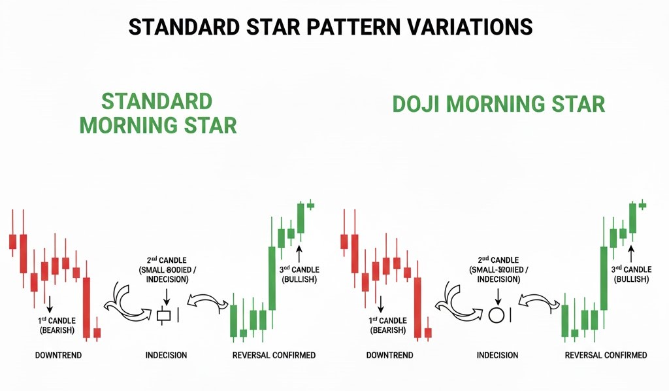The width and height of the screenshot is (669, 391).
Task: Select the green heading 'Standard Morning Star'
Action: pyautogui.click(x=157, y=113)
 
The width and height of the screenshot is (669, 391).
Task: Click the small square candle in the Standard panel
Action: pyautogui.click(x=163, y=315)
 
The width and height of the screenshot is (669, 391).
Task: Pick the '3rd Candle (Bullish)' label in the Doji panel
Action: pyautogui.click(x=630, y=273)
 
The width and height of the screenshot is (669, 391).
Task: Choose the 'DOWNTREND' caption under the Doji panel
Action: pyautogui.click(x=389, y=355)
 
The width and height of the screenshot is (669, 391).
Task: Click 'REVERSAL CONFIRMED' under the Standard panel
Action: pyautogui.click(x=274, y=355)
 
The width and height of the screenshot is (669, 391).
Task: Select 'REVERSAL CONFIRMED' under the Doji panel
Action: pyautogui.click(x=606, y=355)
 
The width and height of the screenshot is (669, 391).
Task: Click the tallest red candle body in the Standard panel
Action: pyautogui.click(x=86, y=307)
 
